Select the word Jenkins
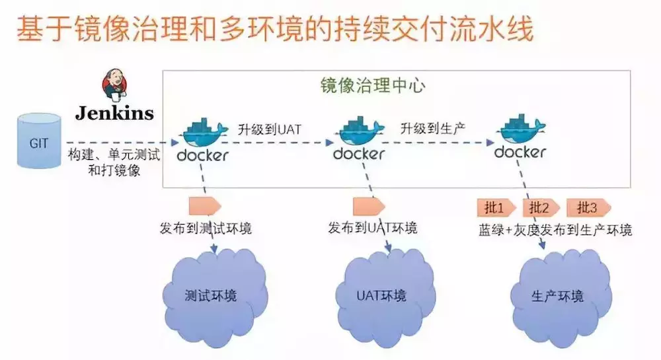click(114, 113)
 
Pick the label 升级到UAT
click(270, 129)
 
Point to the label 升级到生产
click(434, 129)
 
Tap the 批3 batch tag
click(587, 208)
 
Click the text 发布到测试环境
click(206, 229)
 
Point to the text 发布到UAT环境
click(373, 229)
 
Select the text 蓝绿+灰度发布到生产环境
click(555, 230)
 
